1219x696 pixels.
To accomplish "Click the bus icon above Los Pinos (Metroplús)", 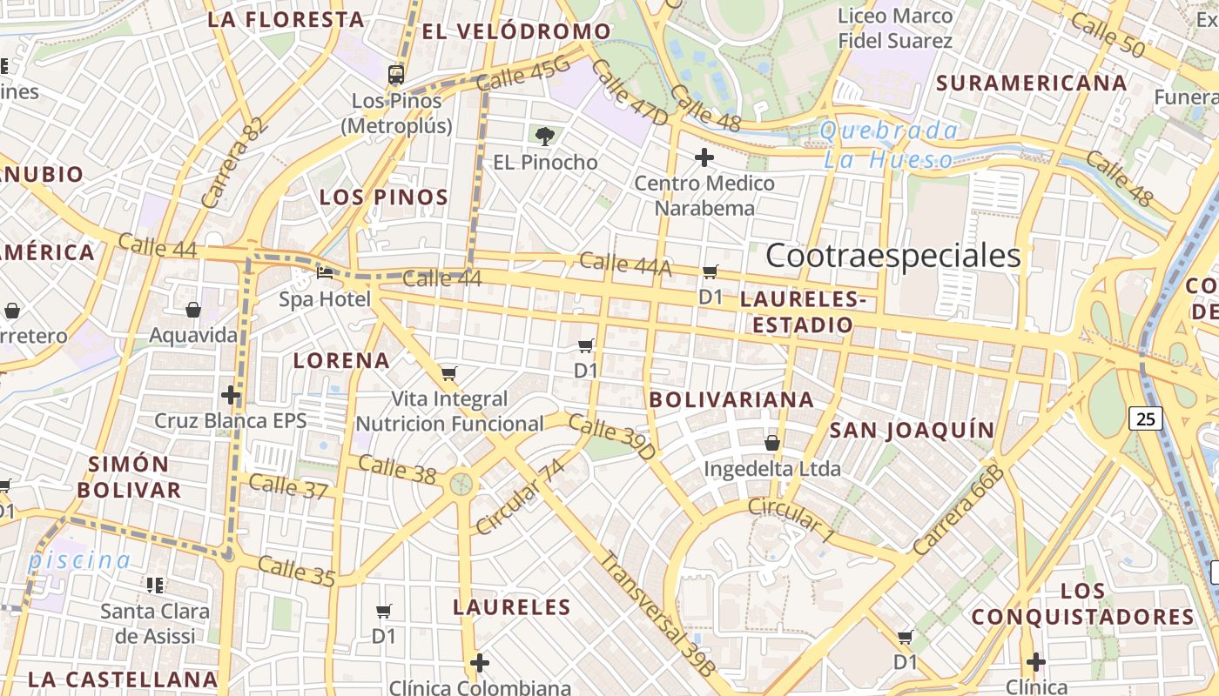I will click(x=396, y=74).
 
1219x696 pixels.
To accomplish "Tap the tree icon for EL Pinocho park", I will click(x=545, y=136).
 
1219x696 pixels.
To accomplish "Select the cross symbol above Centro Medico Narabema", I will click(x=704, y=157).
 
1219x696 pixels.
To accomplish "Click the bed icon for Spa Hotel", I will click(x=325, y=273).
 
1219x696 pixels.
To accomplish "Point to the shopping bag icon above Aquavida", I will click(x=193, y=310).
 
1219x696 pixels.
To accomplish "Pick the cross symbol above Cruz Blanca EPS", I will click(x=231, y=395).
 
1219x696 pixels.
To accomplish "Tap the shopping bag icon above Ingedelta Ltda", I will click(x=771, y=443).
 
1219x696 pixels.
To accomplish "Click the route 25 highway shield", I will click(x=1146, y=418).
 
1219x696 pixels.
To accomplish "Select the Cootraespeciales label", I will click(x=892, y=256).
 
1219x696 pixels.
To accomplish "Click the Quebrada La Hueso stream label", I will click(x=889, y=145).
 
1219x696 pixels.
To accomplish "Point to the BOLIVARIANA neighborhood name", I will click(x=732, y=399).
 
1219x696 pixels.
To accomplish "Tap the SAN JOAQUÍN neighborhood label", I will click(x=912, y=430).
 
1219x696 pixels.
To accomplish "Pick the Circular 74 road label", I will click(x=521, y=497).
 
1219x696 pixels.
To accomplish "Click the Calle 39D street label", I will click(x=612, y=437).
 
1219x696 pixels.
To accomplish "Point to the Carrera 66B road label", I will click(x=959, y=512).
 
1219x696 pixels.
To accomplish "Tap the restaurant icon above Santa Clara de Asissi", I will click(x=156, y=586).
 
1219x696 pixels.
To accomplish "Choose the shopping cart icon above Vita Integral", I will click(x=448, y=374).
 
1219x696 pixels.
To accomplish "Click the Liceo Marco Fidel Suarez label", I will click(x=895, y=28).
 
